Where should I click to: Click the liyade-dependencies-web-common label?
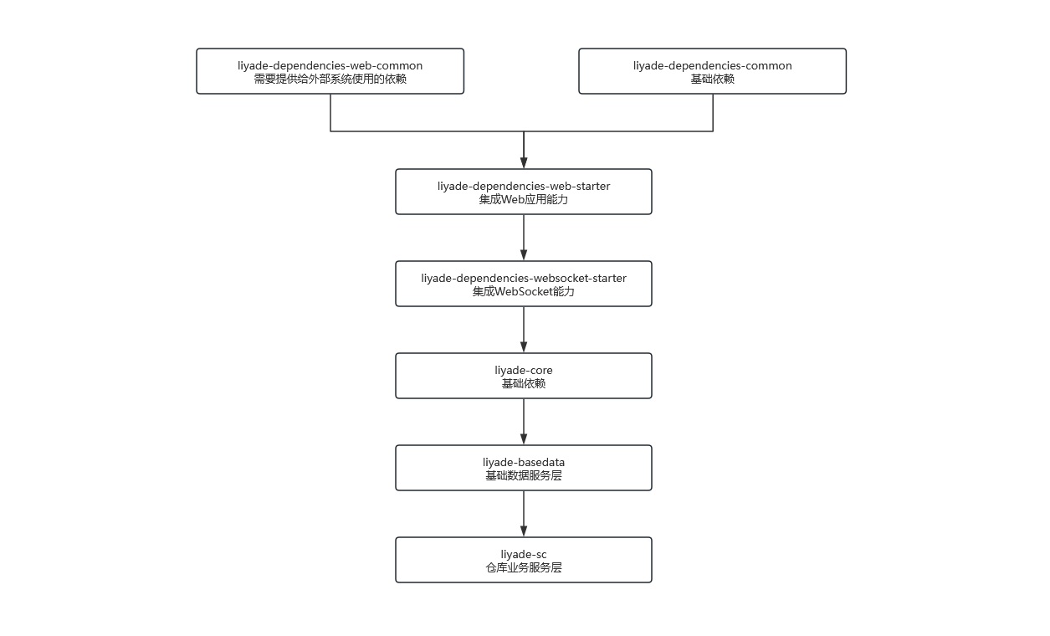point(330,65)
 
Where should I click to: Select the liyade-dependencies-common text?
point(713,65)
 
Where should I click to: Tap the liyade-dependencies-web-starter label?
point(524,187)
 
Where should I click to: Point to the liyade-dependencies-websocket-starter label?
point(524,278)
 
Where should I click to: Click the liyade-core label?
point(524,370)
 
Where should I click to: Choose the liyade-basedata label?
point(524,462)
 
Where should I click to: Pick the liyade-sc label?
point(524,554)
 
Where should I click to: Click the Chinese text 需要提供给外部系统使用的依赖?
point(330,79)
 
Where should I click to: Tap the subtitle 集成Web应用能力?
point(524,199)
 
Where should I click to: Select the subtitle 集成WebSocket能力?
point(524,291)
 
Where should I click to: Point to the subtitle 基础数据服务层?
point(524,475)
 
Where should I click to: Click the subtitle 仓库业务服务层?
point(524,567)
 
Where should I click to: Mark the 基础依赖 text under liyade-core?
point(524,383)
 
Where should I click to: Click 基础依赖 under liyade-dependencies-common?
point(713,79)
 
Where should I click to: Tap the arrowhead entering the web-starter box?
point(524,163)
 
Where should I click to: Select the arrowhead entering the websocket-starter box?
point(524,255)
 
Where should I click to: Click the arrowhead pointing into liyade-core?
point(524,347)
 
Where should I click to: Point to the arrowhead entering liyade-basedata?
point(524,439)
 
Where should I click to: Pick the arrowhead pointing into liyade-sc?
point(524,531)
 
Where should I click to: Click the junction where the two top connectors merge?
point(524,131)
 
